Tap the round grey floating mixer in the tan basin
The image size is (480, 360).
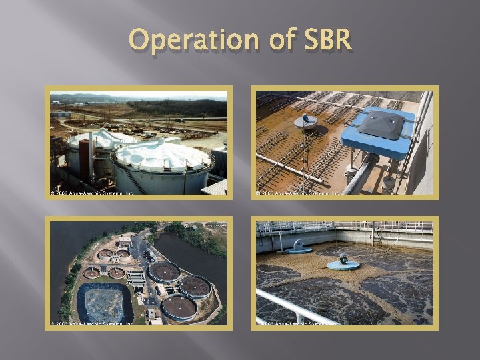(x=306, y=121)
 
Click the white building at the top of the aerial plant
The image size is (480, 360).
(x=124, y=240)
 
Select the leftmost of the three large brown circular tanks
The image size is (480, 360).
(x=163, y=271)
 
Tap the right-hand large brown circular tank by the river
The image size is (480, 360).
(x=195, y=286)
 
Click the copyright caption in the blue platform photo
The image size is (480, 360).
(x=298, y=193)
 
